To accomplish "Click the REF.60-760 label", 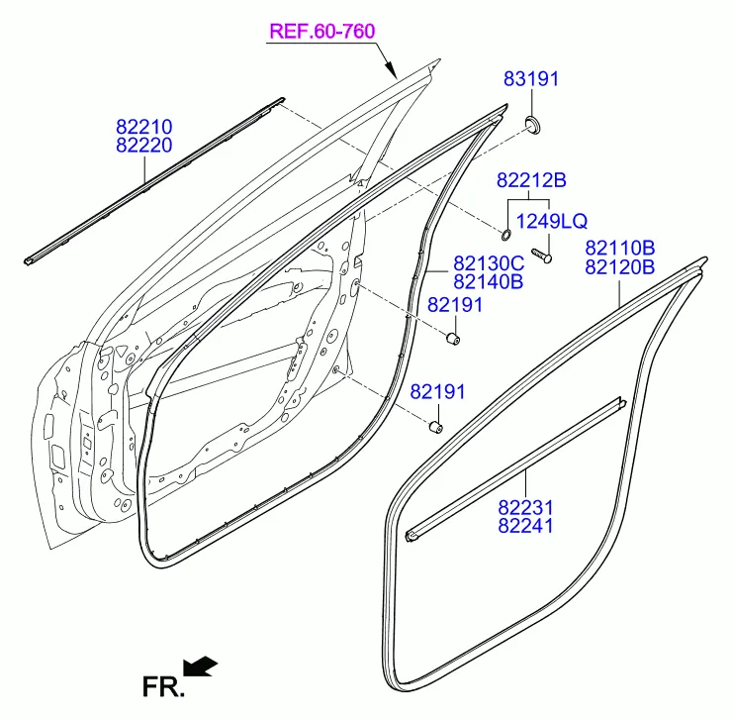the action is click(322, 32).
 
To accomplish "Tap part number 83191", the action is click(531, 79).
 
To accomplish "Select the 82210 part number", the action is click(144, 127).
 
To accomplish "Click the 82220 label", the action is click(144, 145).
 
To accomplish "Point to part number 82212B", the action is click(531, 180).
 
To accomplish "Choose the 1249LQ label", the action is click(551, 221).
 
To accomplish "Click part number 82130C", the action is click(489, 263).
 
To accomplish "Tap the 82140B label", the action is click(489, 282).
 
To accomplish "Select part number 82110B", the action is click(620, 248).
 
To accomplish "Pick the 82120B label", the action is click(620, 267).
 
